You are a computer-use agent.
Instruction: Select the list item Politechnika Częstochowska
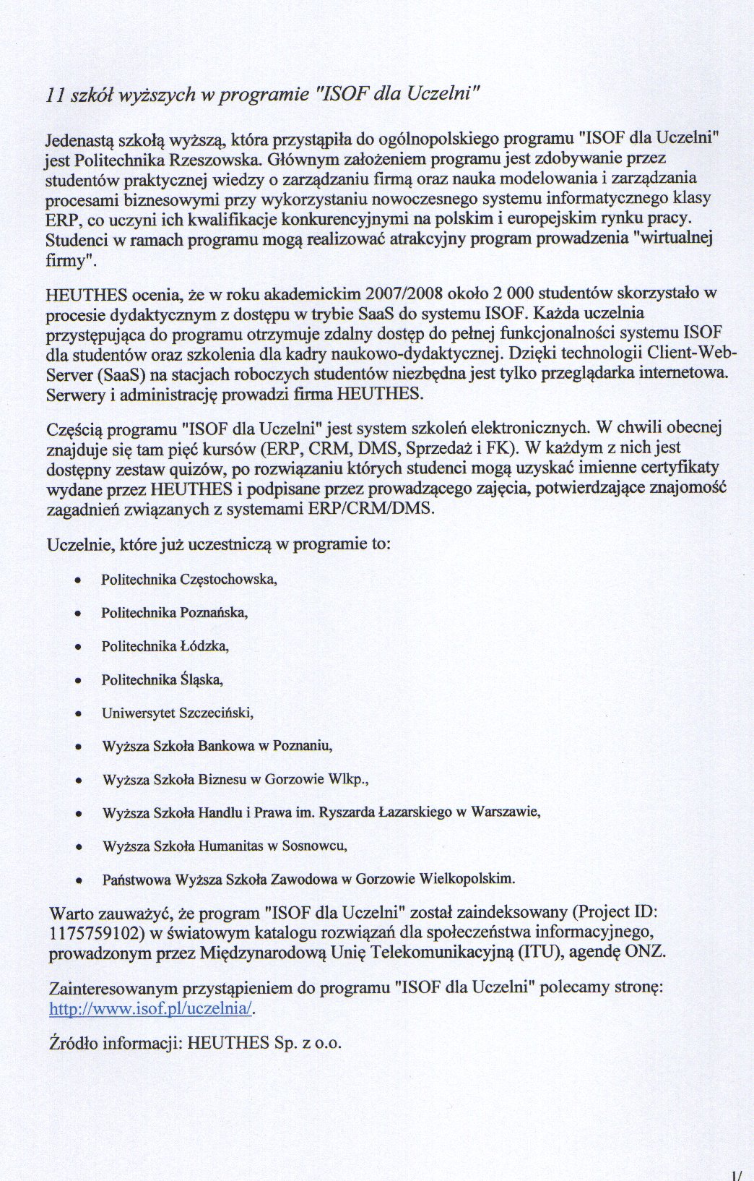[189, 579]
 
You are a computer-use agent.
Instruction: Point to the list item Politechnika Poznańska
[174, 613]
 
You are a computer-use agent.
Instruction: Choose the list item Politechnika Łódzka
[165, 646]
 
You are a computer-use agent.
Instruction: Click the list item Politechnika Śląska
[162, 679]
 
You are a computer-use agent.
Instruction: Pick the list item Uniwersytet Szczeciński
[178, 713]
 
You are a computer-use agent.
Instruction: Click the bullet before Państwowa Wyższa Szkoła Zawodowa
[79, 880]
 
